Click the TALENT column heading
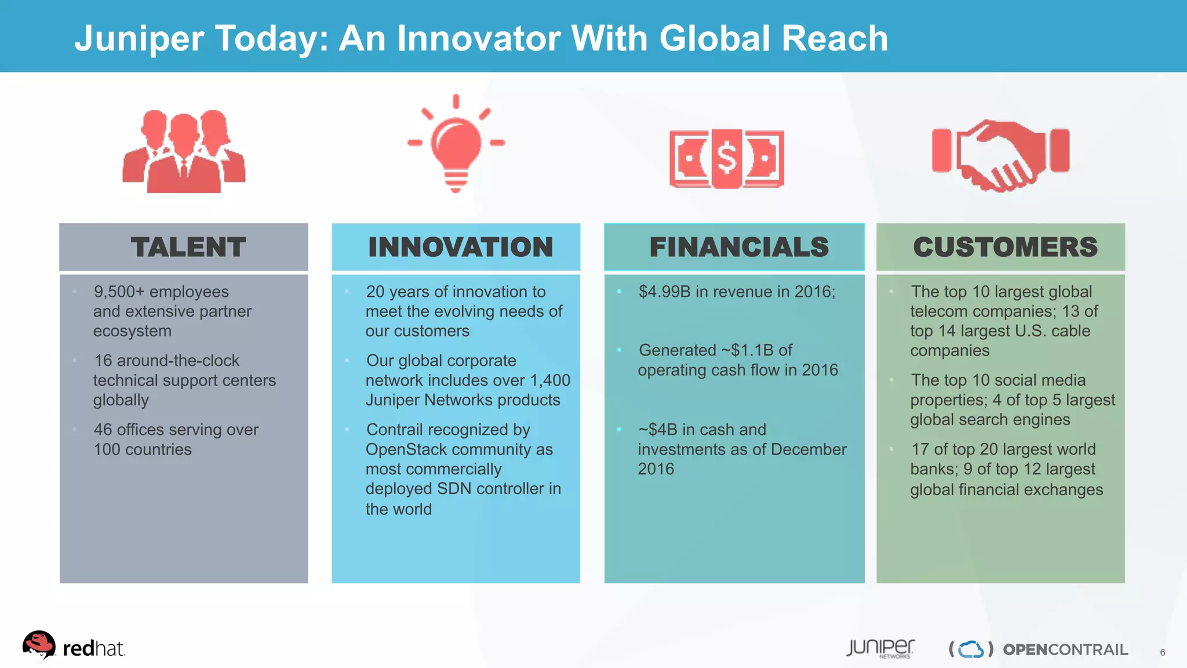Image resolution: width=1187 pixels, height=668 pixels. pos(188,247)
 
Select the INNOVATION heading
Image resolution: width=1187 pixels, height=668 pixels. pos(461,247)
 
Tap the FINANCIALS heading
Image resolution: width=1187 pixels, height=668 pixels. pos(739,247)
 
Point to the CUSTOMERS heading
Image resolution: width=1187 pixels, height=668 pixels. pos(1005,247)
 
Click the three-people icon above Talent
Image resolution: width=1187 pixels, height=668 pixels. pos(184,152)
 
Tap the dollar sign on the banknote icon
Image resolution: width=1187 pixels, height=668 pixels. pos(727,158)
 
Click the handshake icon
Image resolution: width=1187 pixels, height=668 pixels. pos(1000,154)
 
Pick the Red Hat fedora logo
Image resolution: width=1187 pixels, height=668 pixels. pos(39,645)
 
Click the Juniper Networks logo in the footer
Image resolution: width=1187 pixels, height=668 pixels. pos(880,648)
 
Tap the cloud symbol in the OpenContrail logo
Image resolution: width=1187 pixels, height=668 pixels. pos(971,649)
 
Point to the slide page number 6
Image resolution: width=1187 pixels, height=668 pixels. pos(1162,652)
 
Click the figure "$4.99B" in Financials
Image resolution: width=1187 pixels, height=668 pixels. pos(664,292)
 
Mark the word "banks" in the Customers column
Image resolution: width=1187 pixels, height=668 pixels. pos(931,469)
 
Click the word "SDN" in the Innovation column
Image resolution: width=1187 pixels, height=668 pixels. pos(455,489)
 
